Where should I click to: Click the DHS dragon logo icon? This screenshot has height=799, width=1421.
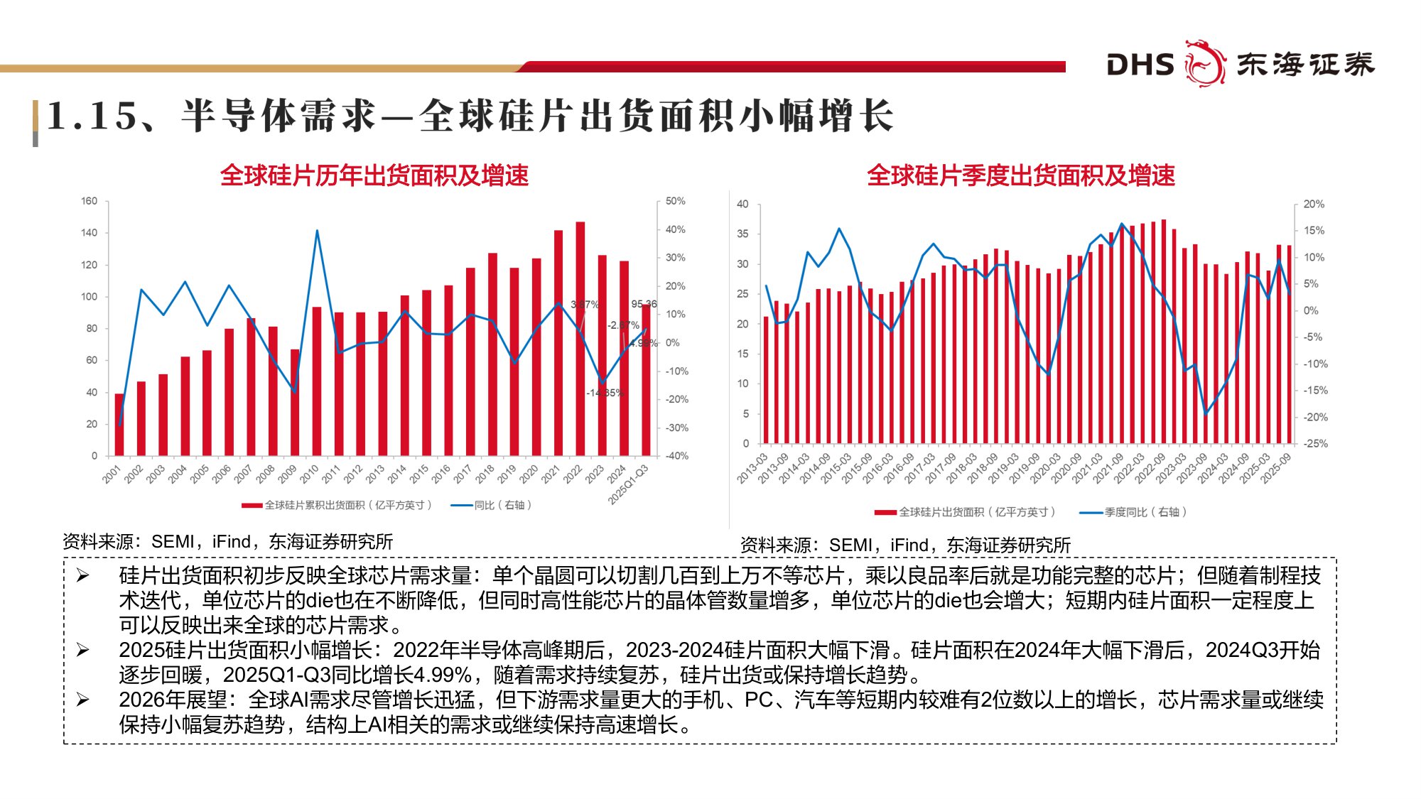(x=1205, y=63)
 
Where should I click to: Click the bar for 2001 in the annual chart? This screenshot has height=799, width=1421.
(x=119, y=425)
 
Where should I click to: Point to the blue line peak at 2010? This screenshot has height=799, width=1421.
(x=317, y=231)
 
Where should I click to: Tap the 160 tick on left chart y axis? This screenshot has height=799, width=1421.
(x=89, y=201)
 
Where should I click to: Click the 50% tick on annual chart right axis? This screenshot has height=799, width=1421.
(x=675, y=201)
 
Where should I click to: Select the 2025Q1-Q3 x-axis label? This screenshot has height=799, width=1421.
(x=629, y=484)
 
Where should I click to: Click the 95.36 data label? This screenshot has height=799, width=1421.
(x=644, y=304)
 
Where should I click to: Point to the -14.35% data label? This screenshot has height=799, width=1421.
(x=604, y=393)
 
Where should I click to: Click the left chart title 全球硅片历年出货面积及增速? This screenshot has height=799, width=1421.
(x=374, y=175)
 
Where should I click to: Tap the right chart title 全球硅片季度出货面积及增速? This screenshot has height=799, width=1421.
(x=1020, y=175)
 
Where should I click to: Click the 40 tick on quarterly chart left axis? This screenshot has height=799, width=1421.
(x=742, y=204)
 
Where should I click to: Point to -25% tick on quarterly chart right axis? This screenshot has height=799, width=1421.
(x=1315, y=443)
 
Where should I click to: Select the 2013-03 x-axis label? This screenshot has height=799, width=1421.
(x=752, y=469)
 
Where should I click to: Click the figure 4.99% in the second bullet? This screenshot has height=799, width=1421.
(x=443, y=675)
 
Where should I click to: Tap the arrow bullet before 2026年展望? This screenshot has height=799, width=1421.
(x=83, y=700)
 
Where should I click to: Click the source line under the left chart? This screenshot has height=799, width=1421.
(x=227, y=542)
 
